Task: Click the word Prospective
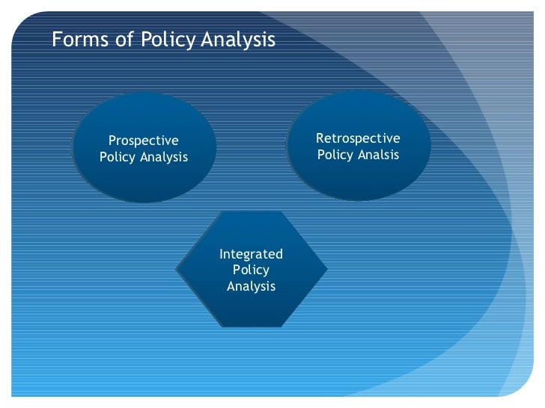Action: (144, 140)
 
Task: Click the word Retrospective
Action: (358, 139)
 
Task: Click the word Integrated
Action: (251, 254)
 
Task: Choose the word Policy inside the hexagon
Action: (251, 270)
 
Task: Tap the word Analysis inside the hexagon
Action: (251, 286)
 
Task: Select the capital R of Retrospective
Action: (320, 138)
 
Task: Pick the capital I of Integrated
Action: (221, 254)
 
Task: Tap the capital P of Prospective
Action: (113, 140)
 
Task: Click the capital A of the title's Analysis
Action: (207, 38)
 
